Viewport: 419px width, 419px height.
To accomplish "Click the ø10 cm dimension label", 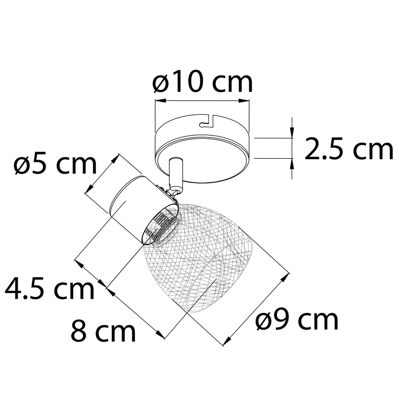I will tap(202, 82).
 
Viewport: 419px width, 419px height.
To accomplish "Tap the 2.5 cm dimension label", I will tap(349, 149).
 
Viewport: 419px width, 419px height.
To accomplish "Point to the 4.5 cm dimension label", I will tap(50, 289).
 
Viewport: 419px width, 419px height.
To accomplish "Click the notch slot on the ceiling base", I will tap(207, 121).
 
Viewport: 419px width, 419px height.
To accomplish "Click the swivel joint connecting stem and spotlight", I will tap(174, 192).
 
